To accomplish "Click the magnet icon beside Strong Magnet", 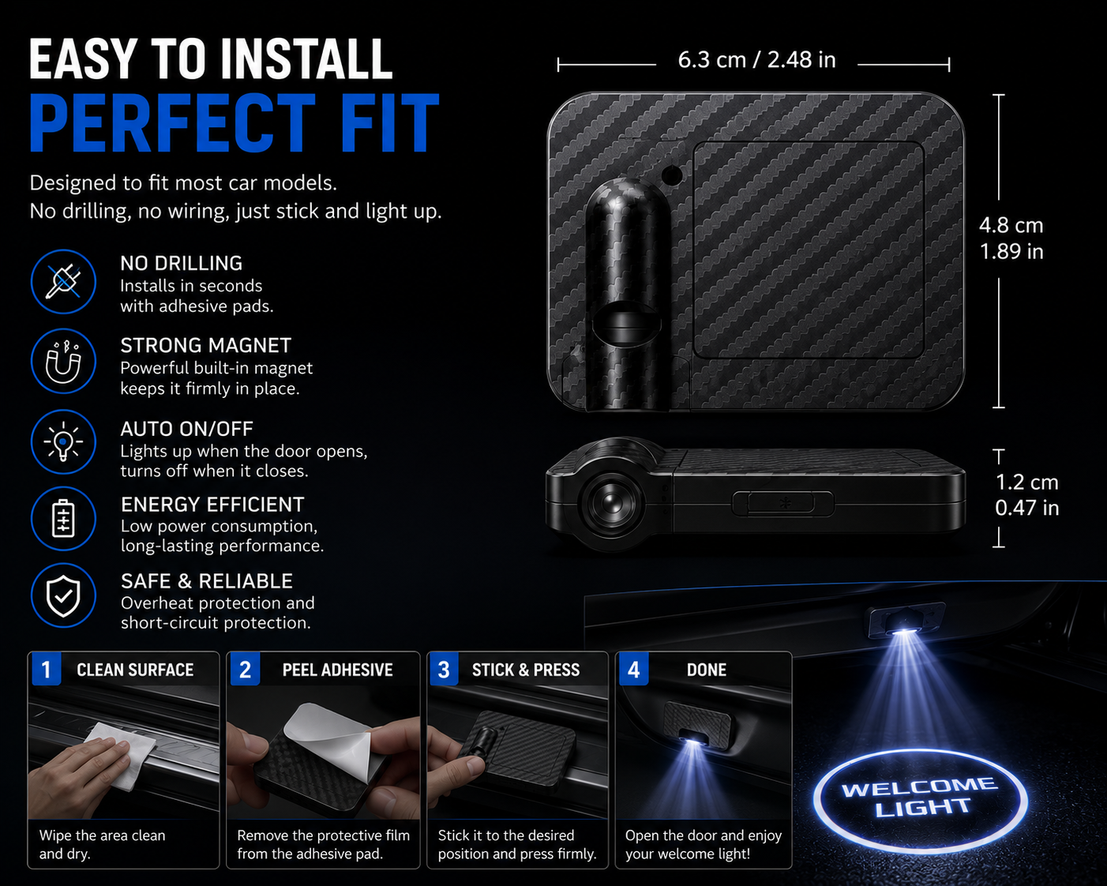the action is click(x=63, y=362).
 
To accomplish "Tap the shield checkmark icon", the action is click(x=63, y=596).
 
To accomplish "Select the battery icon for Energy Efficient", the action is click(x=63, y=519).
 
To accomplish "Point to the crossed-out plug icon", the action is click(x=63, y=282).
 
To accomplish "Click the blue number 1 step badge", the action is click(x=47, y=670).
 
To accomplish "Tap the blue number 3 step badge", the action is click(x=444, y=670).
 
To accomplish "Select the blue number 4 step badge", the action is click(x=634, y=670).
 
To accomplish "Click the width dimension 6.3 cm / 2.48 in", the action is click(x=756, y=60).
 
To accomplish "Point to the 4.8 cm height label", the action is click(x=1011, y=225).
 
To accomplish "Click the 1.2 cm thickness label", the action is click(x=1026, y=482).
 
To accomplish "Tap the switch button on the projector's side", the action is click(x=782, y=503).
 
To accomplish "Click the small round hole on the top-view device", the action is click(x=672, y=175).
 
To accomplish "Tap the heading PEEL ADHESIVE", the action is click(x=337, y=670).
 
